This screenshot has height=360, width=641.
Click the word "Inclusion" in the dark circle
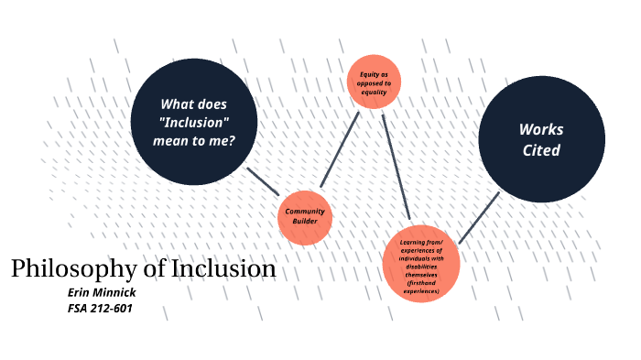click(193, 122)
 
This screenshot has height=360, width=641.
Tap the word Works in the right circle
click(541, 129)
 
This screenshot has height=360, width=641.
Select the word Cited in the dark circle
click(541, 150)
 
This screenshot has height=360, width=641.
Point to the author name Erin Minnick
click(102, 291)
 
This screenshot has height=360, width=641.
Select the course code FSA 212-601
click(101, 308)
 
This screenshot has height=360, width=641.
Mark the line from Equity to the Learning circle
click(396, 165)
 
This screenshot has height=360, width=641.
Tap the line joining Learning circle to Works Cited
click(478, 218)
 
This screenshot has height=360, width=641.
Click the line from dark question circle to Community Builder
click(263, 179)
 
